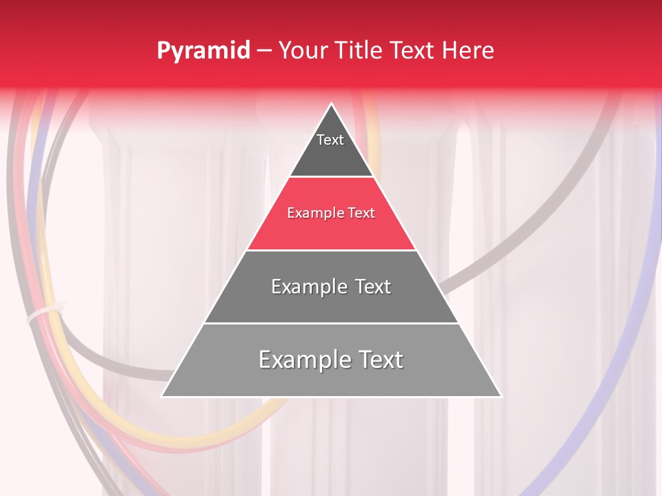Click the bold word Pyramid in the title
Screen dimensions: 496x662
(203, 51)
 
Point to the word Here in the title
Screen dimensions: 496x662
(468, 50)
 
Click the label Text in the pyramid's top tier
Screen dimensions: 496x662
(330, 140)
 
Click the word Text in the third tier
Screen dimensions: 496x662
(373, 287)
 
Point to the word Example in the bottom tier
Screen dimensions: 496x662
(301, 360)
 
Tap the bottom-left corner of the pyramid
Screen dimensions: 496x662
(162, 396)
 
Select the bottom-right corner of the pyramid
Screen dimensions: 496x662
(501, 396)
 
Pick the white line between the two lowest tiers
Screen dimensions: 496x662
(332, 323)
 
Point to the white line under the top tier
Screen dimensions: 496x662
(332, 177)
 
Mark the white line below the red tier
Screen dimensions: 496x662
(332, 250)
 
